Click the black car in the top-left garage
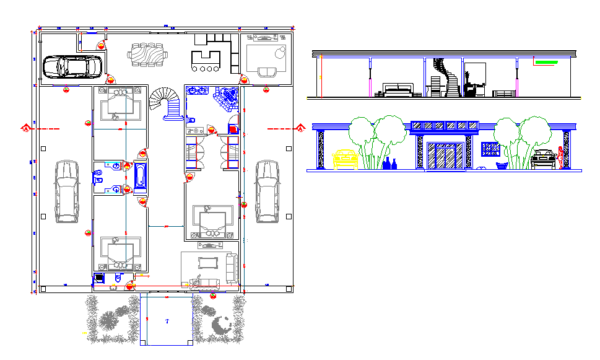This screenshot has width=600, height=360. (72, 67)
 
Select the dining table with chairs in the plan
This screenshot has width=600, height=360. (147, 54)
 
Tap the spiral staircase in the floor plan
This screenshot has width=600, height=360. (166, 101)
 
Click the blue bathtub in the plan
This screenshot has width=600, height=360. (140, 176)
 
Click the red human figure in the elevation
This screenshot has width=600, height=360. (561, 157)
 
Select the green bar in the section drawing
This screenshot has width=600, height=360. (546, 62)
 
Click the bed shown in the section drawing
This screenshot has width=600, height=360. (397, 90)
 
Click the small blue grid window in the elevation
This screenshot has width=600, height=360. (490, 149)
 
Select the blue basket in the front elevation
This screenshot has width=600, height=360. (502, 165)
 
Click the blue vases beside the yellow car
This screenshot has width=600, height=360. (390, 164)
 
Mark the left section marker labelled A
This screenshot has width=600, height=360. (26, 129)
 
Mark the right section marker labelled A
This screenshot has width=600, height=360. (300, 129)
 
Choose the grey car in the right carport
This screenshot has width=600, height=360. (267, 191)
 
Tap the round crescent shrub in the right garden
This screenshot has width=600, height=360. (220, 323)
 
